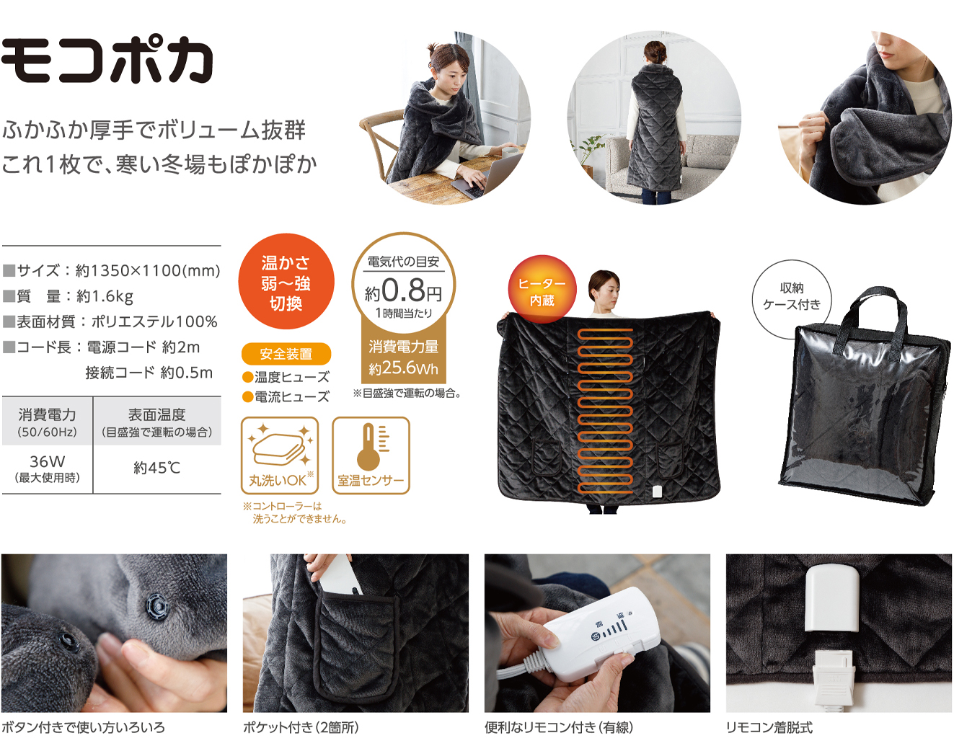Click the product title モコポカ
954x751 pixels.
(x=107, y=61)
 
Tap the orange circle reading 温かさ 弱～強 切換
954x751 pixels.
(x=286, y=281)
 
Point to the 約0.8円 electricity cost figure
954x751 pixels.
(x=403, y=291)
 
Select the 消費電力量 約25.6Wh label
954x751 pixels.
(x=403, y=357)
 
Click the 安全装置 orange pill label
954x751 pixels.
(x=286, y=354)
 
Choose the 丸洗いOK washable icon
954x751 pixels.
(x=280, y=456)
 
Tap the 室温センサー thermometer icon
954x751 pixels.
(x=371, y=456)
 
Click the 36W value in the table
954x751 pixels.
(x=47, y=462)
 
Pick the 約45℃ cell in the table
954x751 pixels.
(x=157, y=468)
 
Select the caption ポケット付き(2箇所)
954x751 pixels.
(x=301, y=728)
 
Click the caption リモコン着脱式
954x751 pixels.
(x=769, y=728)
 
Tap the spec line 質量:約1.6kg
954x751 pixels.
(x=68, y=296)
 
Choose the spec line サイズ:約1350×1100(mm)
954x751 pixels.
(x=112, y=270)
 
